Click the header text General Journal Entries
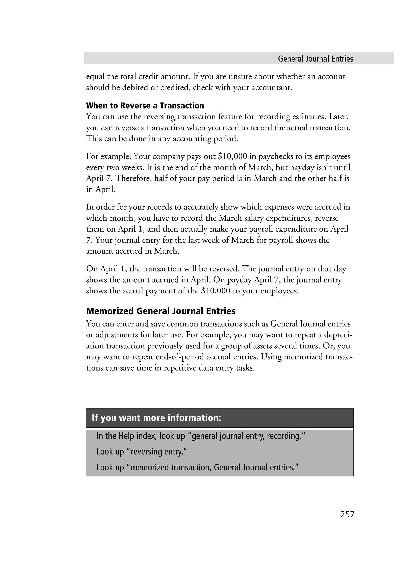[x=315, y=59]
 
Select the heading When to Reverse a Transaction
[x=145, y=105]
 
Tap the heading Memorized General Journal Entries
[x=161, y=311]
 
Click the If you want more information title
[x=156, y=418]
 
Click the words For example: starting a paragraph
[x=108, y=156]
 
